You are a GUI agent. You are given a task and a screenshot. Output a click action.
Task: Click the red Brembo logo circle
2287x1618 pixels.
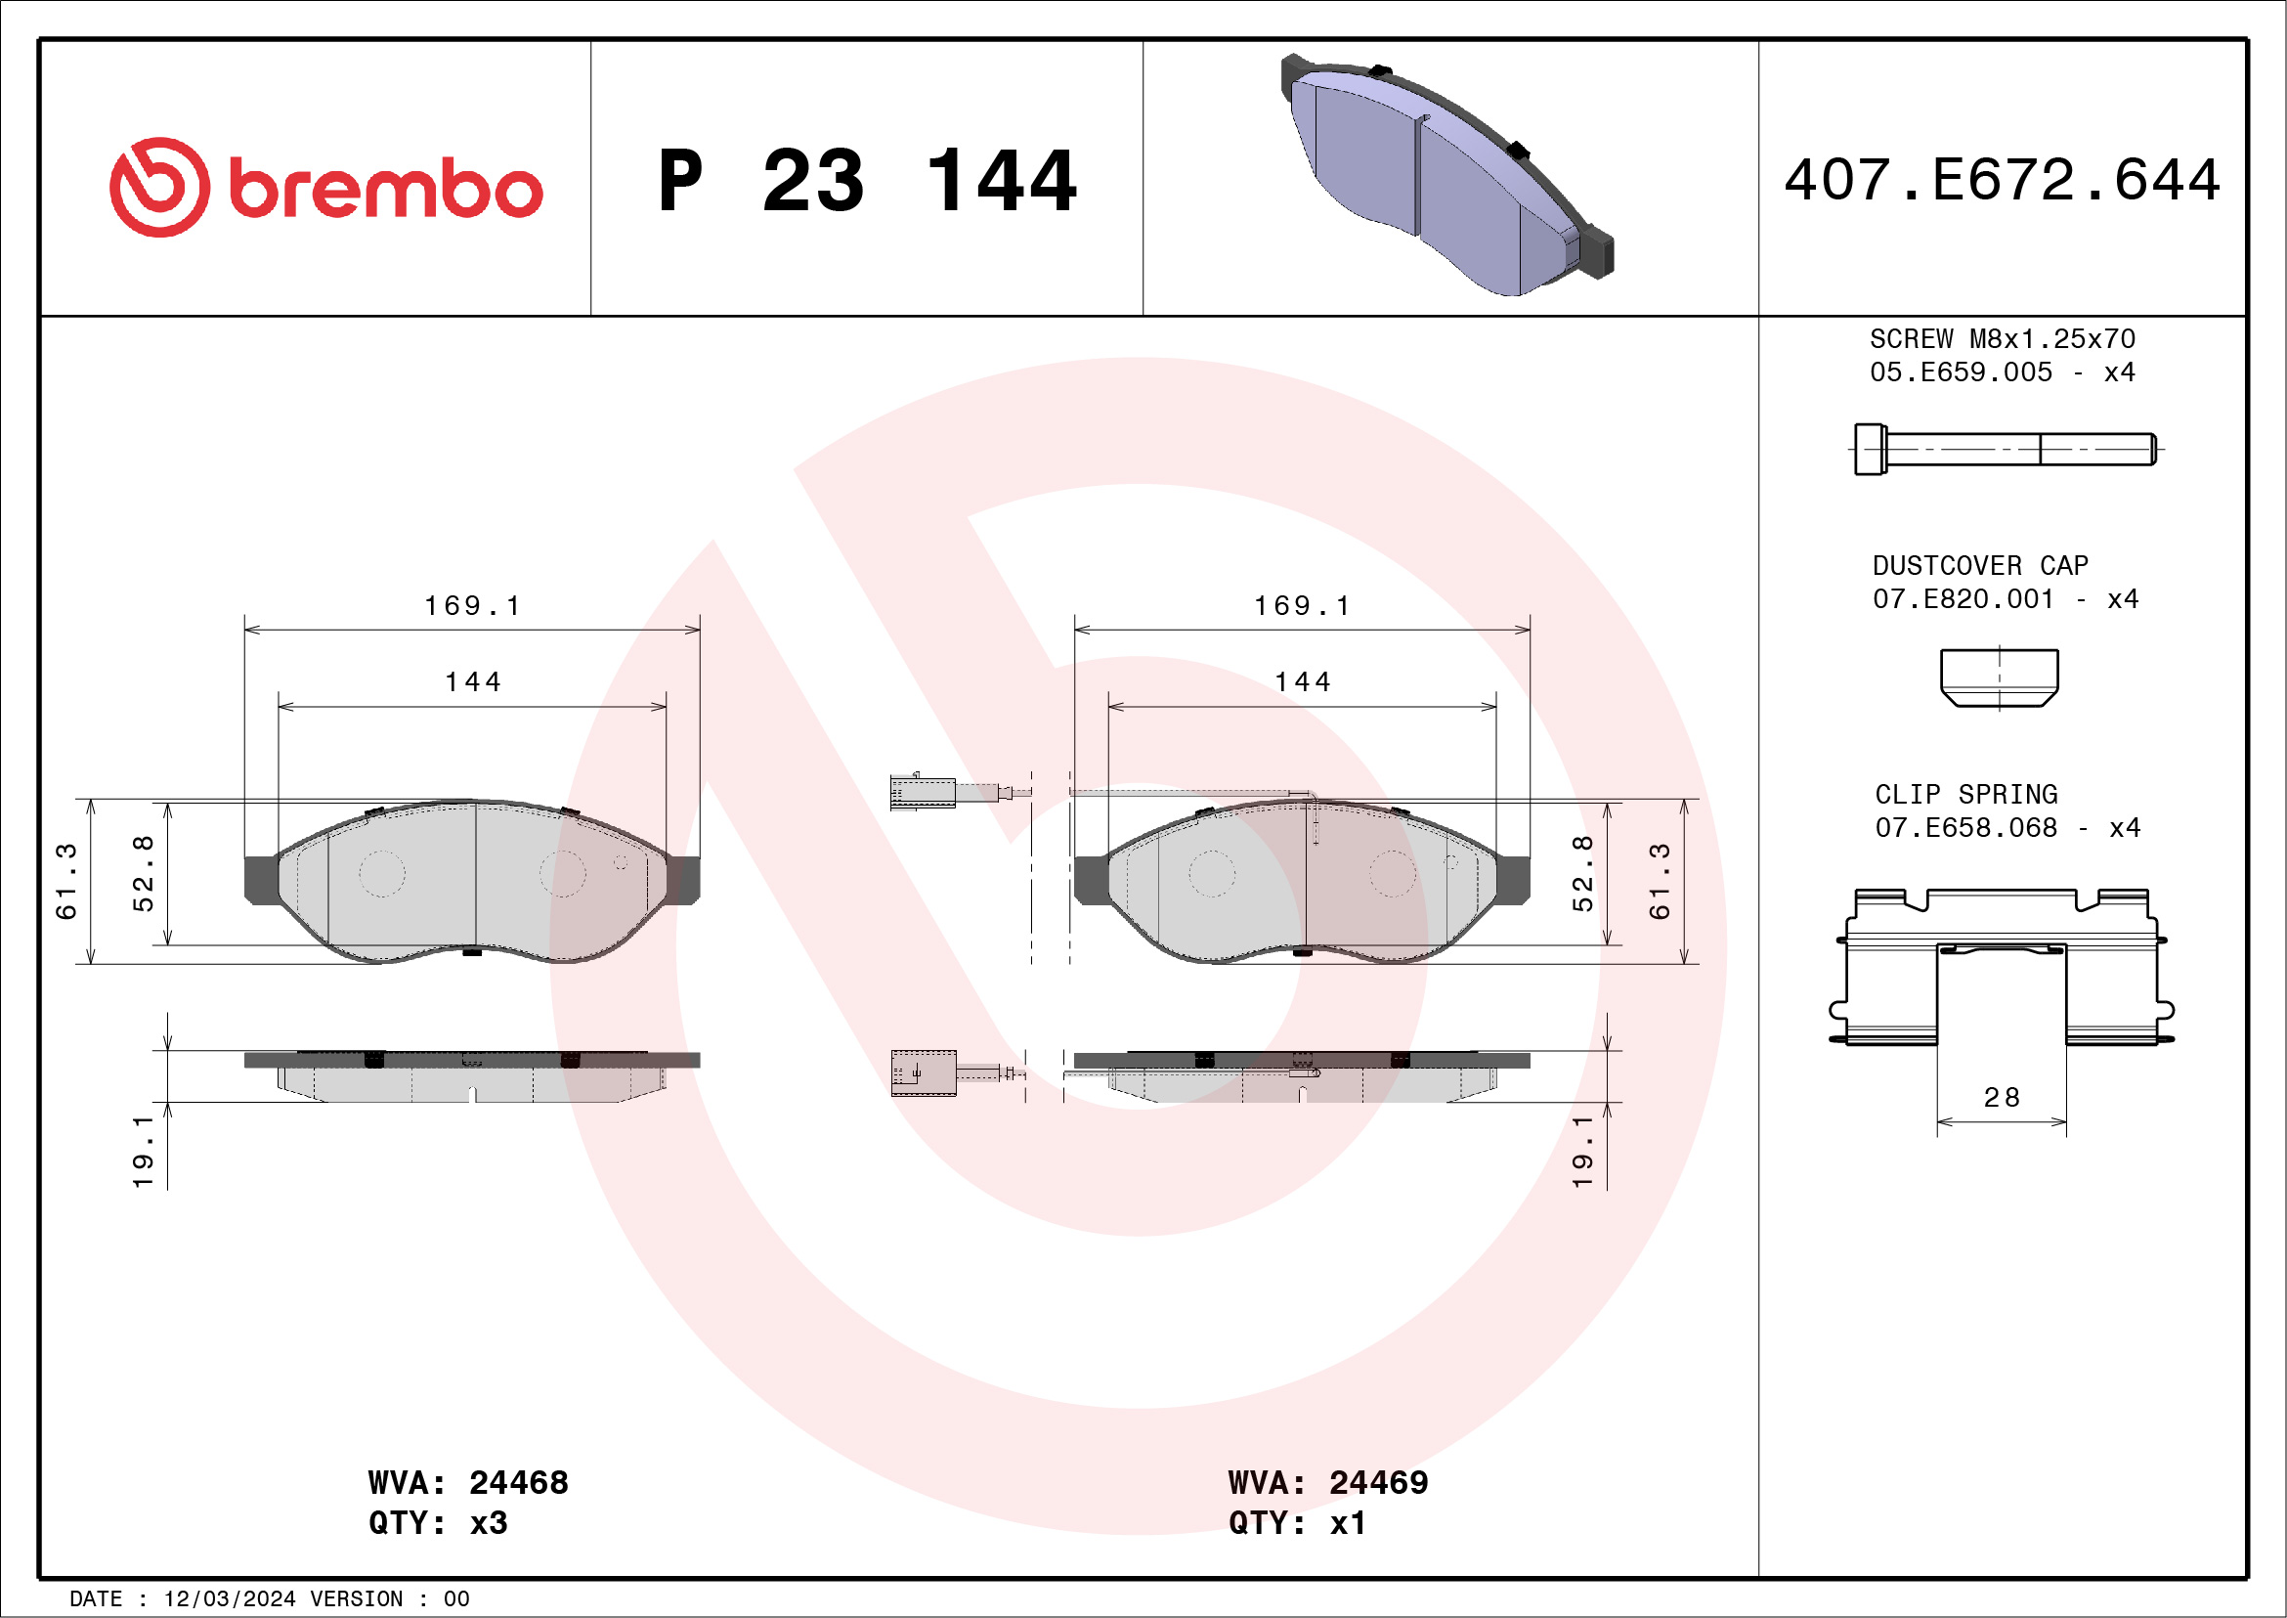click(159, 188)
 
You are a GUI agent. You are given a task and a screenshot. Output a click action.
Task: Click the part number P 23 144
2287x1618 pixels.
click(867, 181)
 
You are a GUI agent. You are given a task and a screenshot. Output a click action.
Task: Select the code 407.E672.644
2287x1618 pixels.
click(2003, 180)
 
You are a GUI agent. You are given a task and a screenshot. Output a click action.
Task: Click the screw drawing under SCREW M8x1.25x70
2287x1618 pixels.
click(2005, 450)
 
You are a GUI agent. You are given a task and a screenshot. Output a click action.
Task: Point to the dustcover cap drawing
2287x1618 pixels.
click(1999, 678)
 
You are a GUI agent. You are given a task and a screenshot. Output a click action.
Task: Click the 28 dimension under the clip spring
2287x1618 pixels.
click(2002, 1098)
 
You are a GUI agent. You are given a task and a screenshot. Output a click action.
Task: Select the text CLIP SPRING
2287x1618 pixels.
click(1966, 794)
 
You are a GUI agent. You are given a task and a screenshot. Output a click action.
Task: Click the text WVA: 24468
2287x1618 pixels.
click(468, 1482)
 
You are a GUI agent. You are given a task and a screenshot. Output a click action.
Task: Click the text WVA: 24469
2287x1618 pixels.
click(1328, 1482)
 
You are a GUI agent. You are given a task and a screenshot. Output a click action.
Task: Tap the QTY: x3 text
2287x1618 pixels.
click(438, 1523)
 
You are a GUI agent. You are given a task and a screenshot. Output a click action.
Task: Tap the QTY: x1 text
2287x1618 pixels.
click(1297, 1523)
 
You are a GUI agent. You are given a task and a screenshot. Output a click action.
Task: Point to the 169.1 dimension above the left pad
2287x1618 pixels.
click(472, 606)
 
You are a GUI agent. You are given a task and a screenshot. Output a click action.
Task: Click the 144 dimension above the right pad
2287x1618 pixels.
click(1303, 682)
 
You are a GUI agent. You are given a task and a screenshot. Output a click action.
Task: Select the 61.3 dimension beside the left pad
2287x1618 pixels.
click(65, 881)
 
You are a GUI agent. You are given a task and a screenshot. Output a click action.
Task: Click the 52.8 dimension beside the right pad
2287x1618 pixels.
click(1582, 874)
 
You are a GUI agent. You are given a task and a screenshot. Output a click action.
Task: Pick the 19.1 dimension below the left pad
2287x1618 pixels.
click(143, 1152)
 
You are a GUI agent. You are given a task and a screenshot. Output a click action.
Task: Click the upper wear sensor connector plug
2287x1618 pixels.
click(923, 792)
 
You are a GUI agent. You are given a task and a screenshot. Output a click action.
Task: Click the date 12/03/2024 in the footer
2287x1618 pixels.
click(229, 1598)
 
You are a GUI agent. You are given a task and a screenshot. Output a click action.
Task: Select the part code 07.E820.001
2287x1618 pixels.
click(1963, 598)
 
